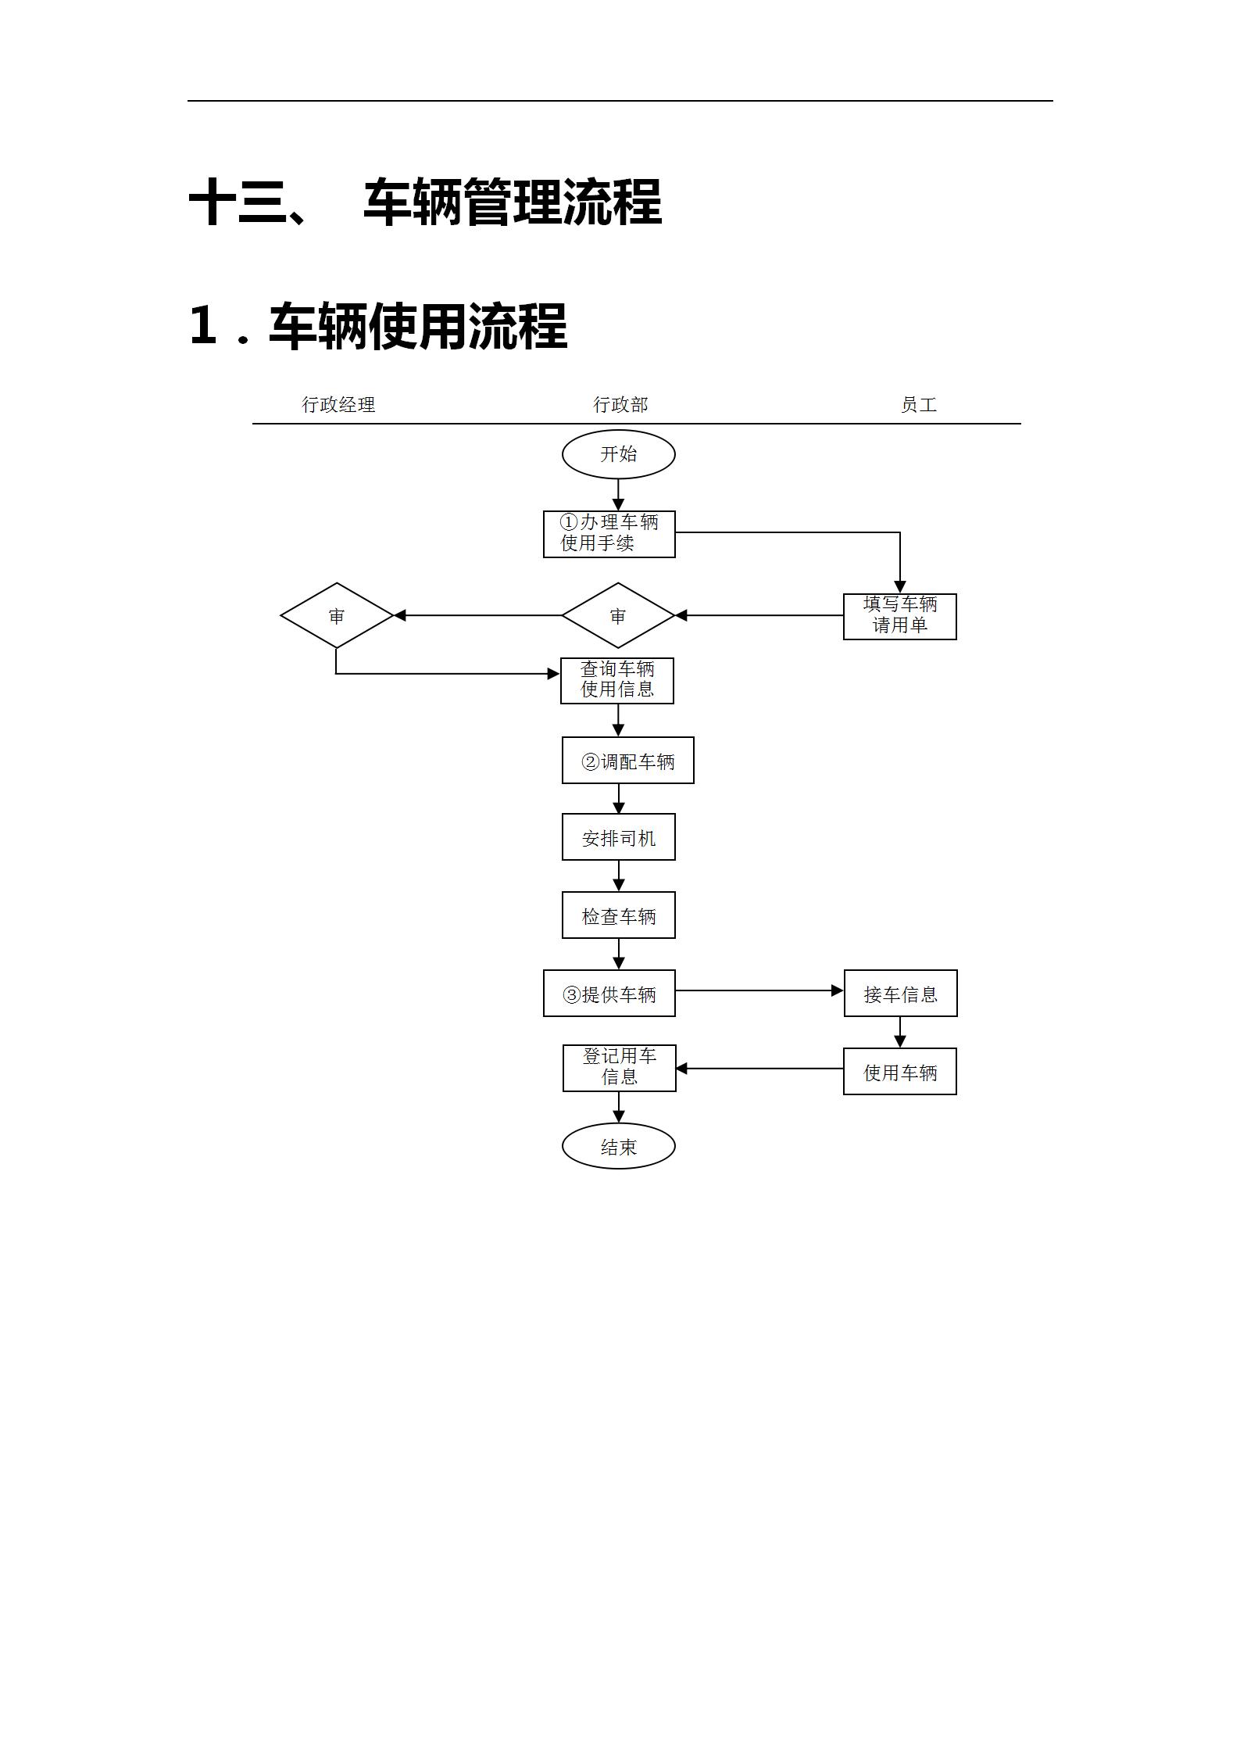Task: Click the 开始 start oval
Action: pyautogui.click(x=618, y=454)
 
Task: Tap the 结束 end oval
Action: pyautogui.click(x=618, y=1147)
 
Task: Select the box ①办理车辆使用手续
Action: pyautogui.click(x=609, y=534)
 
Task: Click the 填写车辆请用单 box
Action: pyautogui.click(x=899, y=616)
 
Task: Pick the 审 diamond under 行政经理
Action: pyautogui.click(x=336, y=616)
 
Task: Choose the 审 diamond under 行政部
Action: pyautogui.click(x=618, y=616)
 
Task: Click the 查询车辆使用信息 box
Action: pyautogui.click(x=616, y=680)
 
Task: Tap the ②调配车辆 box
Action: pyautogui.click(x=627, y=761)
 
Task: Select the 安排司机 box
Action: pyautogui.click(x=618, y=837)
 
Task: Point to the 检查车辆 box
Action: pyautogui.click(x=618, y=915)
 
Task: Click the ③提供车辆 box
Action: pyautogui.click(x=609, y=994)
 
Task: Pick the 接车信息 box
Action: pyautogui.click(x=900, y=994)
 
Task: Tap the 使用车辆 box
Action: pyautogui.click(x=899, y=1072)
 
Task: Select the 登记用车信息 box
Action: pyautogui.click(x=619, y=1067)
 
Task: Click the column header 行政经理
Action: pyautogui.click(x=338, y=404)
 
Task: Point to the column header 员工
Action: pyautogui.click(x=918, y=404)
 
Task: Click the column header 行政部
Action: pyautogui.click(x=620, y=404)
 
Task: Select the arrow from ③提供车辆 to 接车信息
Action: pyautogui.click(x=758, y=990)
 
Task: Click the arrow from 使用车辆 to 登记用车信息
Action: pyautogui.click(x=758, y=1069)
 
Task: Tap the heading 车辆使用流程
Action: pyautogui.click(x=417, y=326)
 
